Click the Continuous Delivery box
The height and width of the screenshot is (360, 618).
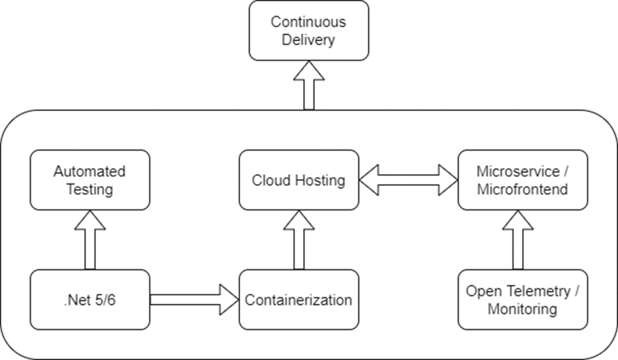point(309,31)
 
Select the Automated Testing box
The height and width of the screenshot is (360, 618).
point(90,180)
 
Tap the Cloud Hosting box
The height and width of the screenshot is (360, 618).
point(298,180)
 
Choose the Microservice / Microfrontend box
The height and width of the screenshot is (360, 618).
point(523,180)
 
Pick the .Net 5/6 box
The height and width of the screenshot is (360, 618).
point(90,300)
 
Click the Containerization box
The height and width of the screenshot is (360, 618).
point(298,300)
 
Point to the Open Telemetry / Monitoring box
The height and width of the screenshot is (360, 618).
point(523,300)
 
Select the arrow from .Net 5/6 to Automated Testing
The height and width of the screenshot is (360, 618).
point(90,240)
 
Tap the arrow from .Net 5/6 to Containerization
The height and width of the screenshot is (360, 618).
point(193,300)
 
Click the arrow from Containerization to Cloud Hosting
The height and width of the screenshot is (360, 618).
point(298,240)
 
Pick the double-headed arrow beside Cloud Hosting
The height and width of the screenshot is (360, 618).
point(408,180)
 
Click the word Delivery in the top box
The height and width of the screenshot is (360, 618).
point(309,40)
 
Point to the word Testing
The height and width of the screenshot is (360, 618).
point(90,190)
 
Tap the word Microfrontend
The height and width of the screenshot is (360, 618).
point(523,190)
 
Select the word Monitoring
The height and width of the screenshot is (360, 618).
point(523,309)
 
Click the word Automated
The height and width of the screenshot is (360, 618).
point(90,171)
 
